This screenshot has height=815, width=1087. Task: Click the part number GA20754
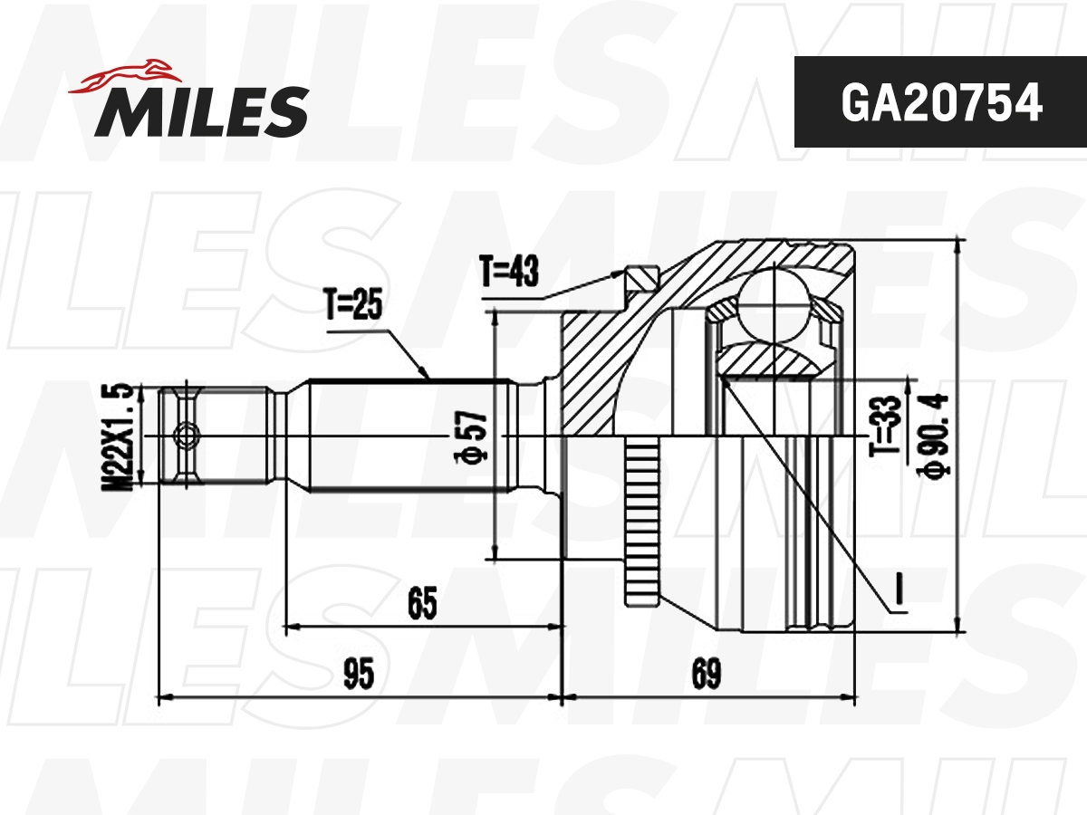[940, 102]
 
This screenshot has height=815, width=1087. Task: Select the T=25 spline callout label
[353, 306]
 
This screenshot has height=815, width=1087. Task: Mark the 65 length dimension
[422, 603]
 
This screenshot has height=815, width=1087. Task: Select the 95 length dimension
[359, 675]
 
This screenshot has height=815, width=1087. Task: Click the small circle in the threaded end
[186, 436]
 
